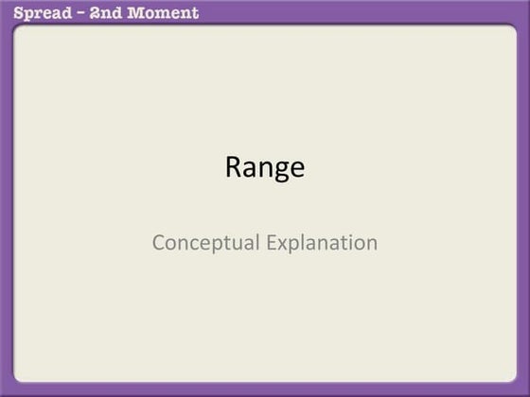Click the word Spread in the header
point(37,13)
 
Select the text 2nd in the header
point(107,13)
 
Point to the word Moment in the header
point(165,13)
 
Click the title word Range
point(265,168)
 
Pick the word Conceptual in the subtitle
point(206,243)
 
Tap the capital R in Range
point(234,167)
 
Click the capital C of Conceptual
point(158,243)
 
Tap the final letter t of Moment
point(195,13)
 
